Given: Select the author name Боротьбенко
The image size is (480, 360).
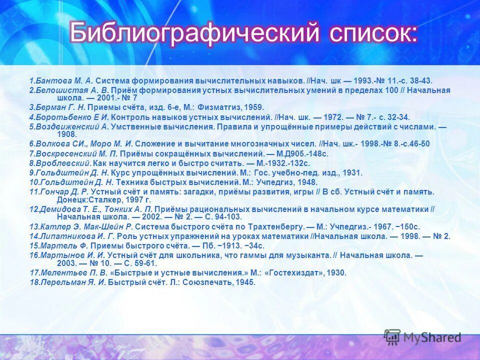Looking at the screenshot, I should point(62,117).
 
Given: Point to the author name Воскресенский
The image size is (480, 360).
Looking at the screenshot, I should point(65,153).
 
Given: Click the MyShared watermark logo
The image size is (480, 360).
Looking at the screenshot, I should point(423,338).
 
